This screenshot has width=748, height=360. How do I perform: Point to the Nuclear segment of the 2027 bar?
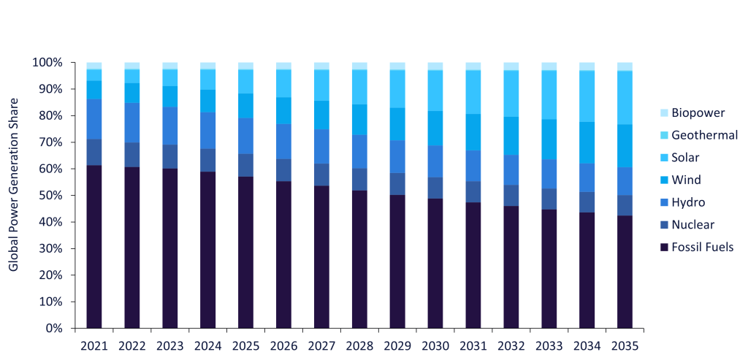(321, 175)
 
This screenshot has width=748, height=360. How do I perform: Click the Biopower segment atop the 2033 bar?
(549, 66)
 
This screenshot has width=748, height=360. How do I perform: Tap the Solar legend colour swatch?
(663, 158)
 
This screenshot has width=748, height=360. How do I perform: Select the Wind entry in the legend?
(687, 180)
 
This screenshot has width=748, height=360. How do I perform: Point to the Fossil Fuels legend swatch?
(663, 247)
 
